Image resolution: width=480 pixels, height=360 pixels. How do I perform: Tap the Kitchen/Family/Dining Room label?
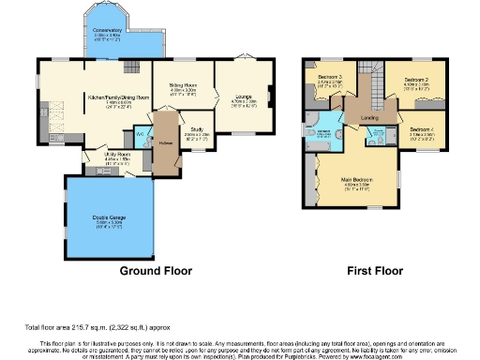pyautogui.click(x=119, y=97)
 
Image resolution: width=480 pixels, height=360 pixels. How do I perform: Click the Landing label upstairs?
pyautogui.click(x=369, y=117)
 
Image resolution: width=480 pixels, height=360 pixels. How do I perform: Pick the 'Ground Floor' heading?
pyautogui.click(x=156, y=270)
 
